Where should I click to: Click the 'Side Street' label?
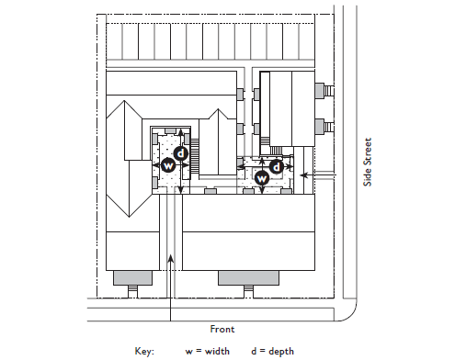point(368,162)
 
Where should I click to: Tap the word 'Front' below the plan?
point(222,329)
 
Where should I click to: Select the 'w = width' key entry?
point(208,351)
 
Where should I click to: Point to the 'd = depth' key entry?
point(272,351)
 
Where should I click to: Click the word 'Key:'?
point(144,351)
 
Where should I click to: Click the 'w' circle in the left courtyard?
point(168,165)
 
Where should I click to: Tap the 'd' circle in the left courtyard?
point(181,153)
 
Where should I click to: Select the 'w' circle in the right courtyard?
point(262,178)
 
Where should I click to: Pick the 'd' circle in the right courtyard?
point(277,167)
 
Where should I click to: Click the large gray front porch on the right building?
point(248,277)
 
